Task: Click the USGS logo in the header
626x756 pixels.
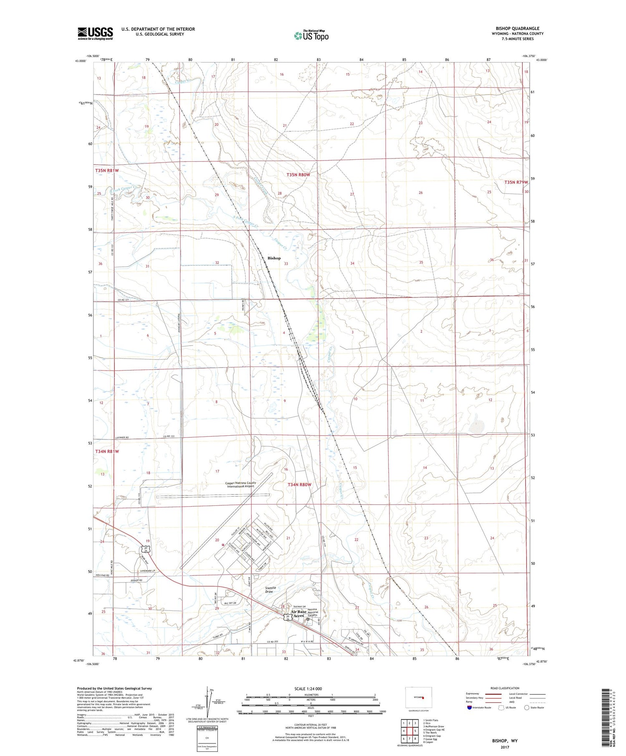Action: pyautogui.click(x=95, y=33)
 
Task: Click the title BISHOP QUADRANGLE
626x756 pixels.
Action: pyautogui.click(x=517, y=28)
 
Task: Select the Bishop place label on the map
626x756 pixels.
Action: pyautogui.click(x=274, y=258)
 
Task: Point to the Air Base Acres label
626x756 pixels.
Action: pyautogui.click(x=299, y=613)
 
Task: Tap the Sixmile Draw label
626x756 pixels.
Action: pyautogui.click(x=270, y=590)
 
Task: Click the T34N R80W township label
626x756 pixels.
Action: pyautogui.click(x=300, y=485)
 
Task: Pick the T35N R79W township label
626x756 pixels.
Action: pyautogui.click(x=516, y=182)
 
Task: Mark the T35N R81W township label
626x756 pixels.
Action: pyautogui.click(x=107, y=171)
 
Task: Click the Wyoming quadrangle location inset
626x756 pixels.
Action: pyautogui.click(x=419, y=697)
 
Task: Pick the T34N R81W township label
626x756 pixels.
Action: pyautogui.click(x=107, y=451)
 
